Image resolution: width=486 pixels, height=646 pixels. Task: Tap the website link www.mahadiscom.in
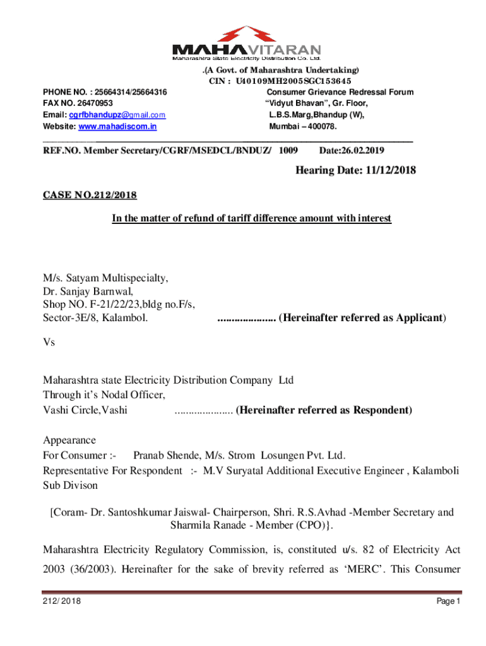(117, 127)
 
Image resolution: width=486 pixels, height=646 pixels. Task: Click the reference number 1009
(288, 151)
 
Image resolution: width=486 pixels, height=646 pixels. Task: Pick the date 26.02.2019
(363, 151)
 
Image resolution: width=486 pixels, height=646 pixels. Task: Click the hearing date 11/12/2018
(386, 171)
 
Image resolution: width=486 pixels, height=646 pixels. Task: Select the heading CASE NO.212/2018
(90, 195)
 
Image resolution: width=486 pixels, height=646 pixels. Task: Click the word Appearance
(69, 440)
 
